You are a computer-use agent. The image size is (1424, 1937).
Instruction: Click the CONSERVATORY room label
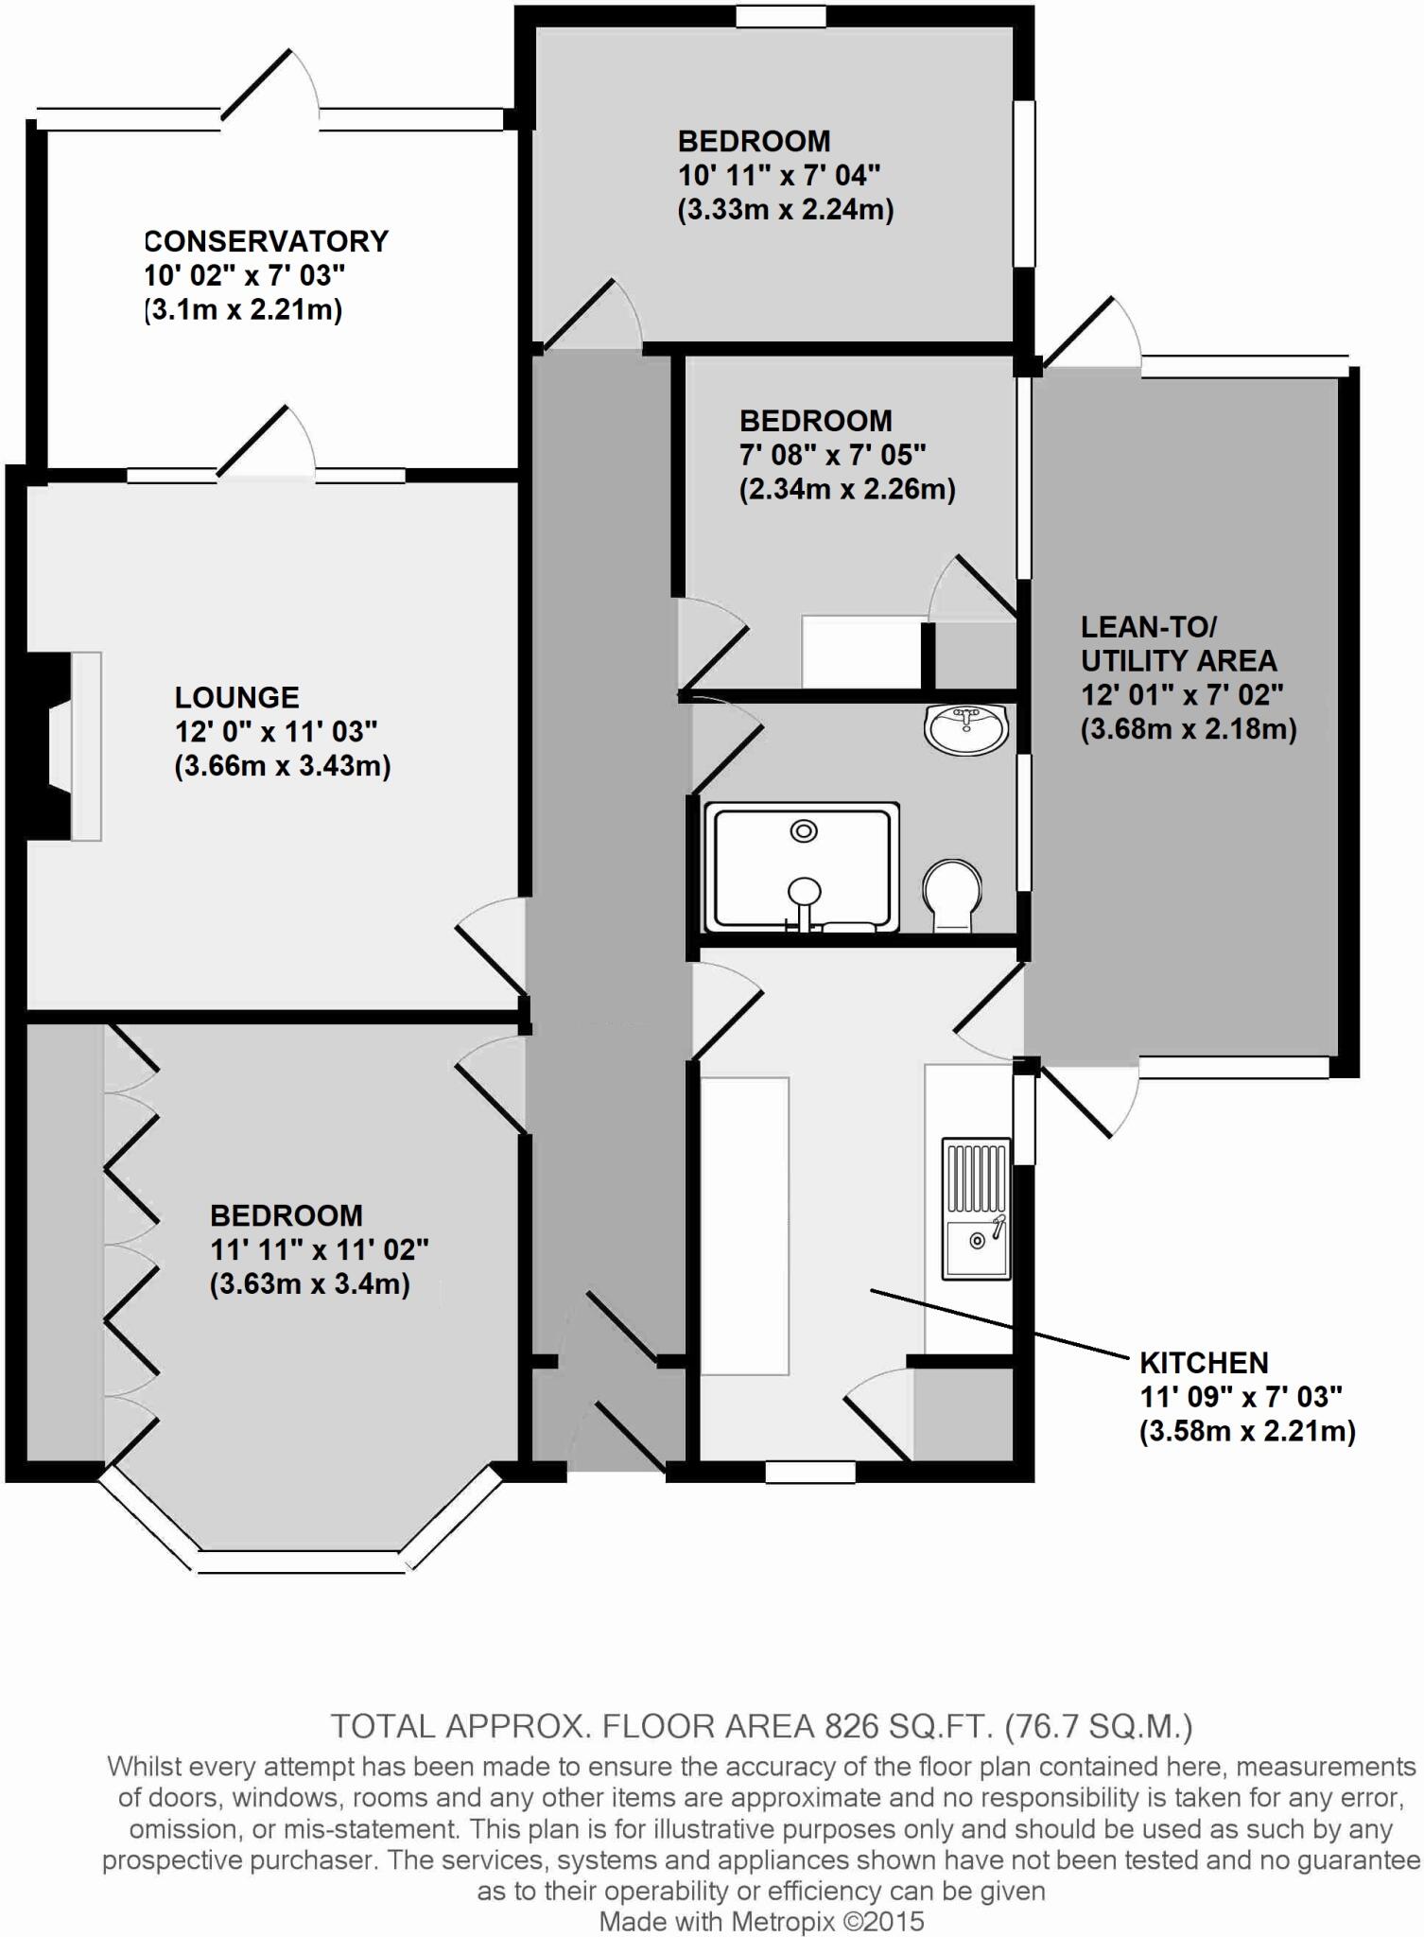tap(266, 241)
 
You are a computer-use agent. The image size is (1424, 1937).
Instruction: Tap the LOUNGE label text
tap(236, 698)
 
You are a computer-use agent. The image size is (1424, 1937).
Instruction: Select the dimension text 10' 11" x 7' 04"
tap(779, 176)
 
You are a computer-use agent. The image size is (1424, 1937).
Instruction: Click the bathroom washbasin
tap(966, 729)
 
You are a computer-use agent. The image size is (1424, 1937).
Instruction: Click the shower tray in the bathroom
tap(802, 867)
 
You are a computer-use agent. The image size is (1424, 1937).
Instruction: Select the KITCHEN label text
tap(1204, 1363)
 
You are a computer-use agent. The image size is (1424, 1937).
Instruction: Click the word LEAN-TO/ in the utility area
tap(1149, 627)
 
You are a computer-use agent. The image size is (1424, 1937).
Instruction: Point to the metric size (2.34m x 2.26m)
tap(847, 490)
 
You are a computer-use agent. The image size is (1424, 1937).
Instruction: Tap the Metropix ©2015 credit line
tap(761, 1921)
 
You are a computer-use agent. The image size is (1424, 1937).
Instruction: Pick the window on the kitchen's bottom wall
tap(809, 1473)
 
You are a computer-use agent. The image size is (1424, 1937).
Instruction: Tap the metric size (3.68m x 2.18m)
tap(1189, 729)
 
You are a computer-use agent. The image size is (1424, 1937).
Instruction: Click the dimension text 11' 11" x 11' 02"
tap(319, 1250)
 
